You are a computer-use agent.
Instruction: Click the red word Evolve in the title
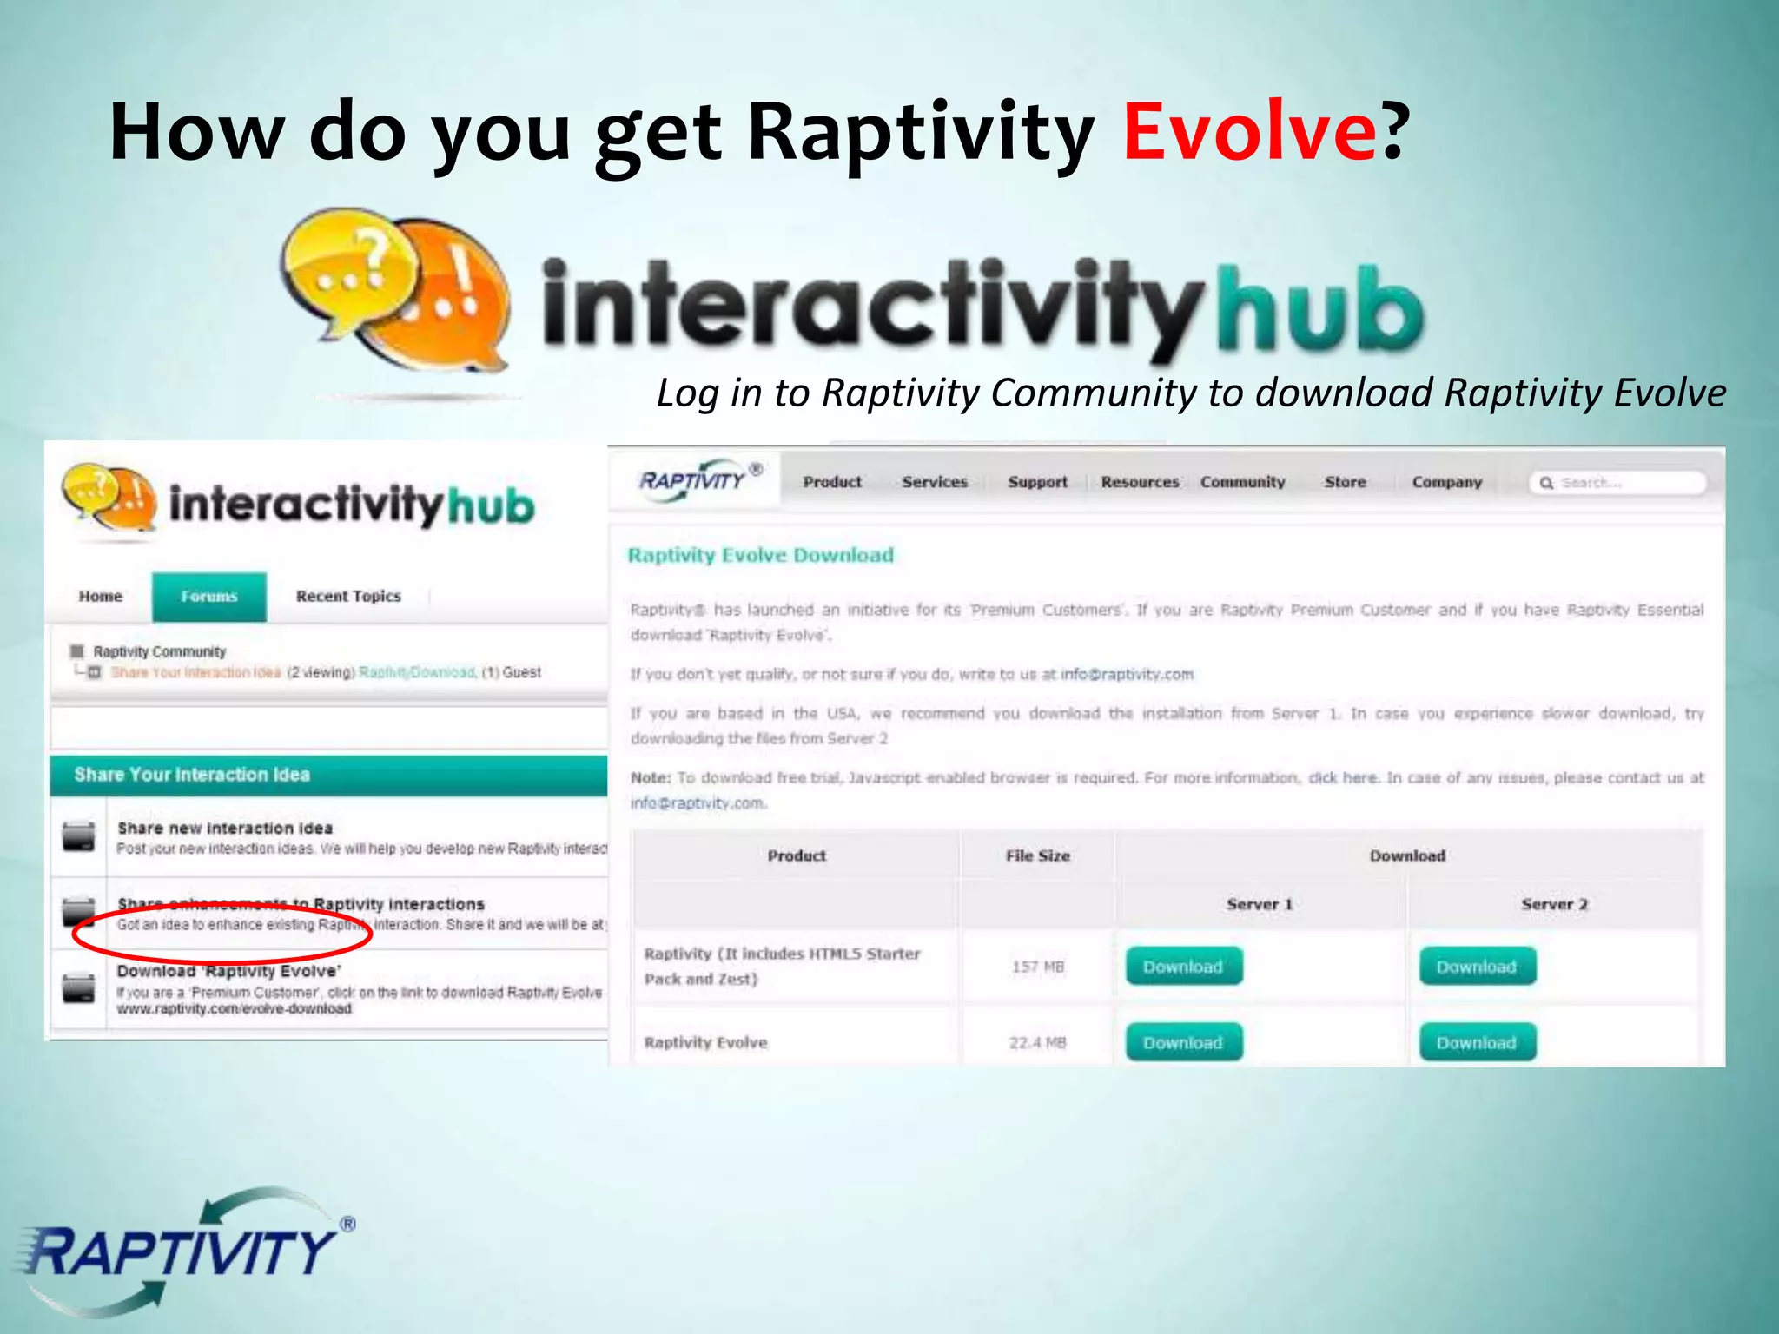click(1249, 132)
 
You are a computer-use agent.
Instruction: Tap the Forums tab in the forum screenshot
click(209, 597)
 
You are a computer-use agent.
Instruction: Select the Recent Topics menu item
click(348, 597)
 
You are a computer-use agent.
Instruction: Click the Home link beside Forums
click(101, 597)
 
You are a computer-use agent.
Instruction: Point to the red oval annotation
click(222, 932)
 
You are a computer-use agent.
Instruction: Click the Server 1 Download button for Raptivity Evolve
click(1183, 1042)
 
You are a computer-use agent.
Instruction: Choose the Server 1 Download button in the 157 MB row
click(1183, 967)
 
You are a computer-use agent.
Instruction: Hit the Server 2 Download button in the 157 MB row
click(1477, 967)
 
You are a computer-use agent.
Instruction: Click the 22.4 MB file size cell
click(1037, 1042)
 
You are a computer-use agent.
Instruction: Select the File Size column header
click(1037, 855)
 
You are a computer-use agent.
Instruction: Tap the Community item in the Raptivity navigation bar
click(1242, 482)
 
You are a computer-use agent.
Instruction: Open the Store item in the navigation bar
click(1345, 482)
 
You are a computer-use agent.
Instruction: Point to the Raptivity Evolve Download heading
click(760, 555)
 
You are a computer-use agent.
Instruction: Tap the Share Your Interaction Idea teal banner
click(328, 775)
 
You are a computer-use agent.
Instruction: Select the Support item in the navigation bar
click(1037, 482)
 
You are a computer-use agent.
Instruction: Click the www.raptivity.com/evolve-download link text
click(235, 1009)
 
